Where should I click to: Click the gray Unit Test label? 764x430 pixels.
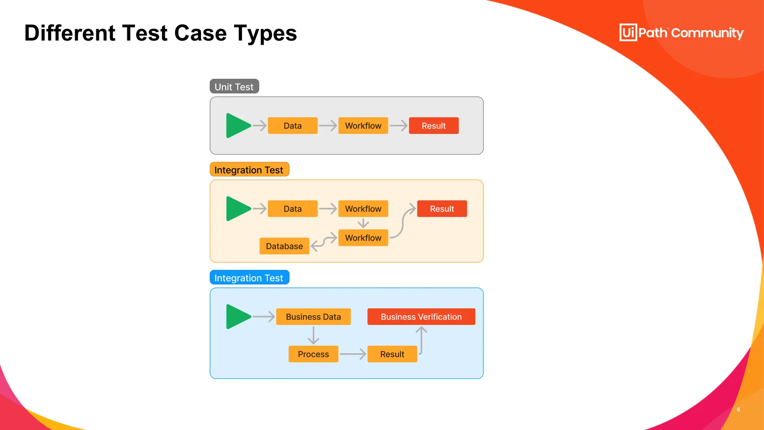point(234,87)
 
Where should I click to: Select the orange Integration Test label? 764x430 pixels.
point(249,170)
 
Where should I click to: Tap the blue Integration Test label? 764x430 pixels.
point(249,278)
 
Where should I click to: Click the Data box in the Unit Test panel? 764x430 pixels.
point(292,126)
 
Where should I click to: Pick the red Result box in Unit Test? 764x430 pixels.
point(433,126)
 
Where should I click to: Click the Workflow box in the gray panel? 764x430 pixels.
point(363,126)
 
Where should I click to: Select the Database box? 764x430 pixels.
point(284,246)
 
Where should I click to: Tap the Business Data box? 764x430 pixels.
point(313,317)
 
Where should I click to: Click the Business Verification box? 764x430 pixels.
point(421,317)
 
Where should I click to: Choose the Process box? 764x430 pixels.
point(313,354)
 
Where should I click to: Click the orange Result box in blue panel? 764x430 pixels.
point(392,354)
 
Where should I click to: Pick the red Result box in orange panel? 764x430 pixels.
point(442,209)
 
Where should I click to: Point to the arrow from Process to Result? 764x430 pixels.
point(353,354)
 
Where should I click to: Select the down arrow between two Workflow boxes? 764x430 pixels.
point(363,223)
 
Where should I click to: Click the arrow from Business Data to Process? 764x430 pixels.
point(313,335)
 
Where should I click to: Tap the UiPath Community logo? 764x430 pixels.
point(681,33)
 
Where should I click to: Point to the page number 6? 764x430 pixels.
point(738,409)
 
